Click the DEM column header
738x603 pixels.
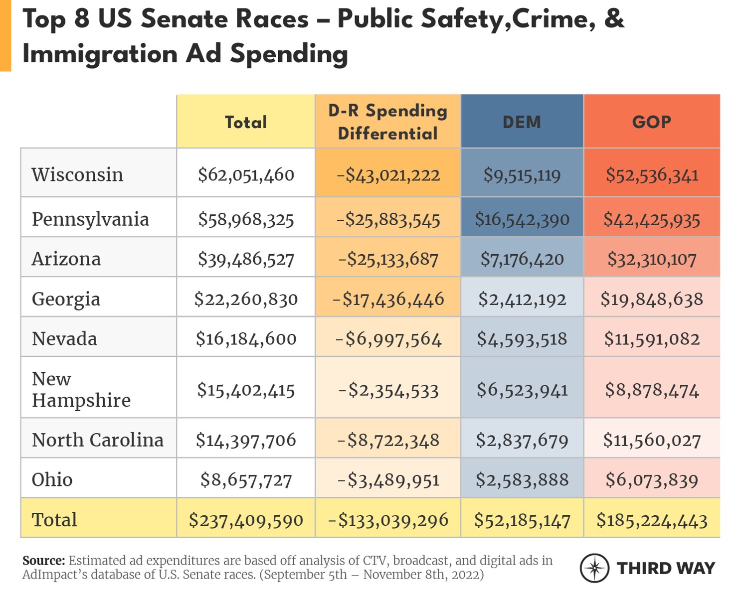click(x=522, y=122)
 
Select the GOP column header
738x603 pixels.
click(x=651, y=122)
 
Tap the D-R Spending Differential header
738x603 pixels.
click(x=387, y=122)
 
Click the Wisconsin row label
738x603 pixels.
click(x=77, y=175)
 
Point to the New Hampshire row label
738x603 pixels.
click(x=81, y=389)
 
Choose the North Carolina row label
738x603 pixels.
click(x=98, y=440)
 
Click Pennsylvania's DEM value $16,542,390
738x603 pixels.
click(x=522, y=219)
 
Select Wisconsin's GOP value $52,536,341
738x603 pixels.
click(x=652, y=175)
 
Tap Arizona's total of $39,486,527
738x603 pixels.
click(x=246, y=259)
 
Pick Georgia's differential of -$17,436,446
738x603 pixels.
click(x=388, y=299)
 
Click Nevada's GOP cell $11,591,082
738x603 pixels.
click(x=652, y=339)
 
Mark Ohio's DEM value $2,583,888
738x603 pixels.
click(x=522, y=480)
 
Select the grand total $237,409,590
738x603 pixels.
click(x=246, y=520)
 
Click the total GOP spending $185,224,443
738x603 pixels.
click(x=652, y=520)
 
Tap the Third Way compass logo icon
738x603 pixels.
click(x=594, y=568)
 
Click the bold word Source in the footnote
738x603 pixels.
click(x=43, y=561)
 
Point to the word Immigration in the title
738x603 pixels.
click(x=100, y=54)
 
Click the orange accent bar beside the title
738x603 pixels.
click(x=5, y=35)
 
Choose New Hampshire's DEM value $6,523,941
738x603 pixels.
click(x=522, y=390)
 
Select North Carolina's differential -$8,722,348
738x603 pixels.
click(x=388, y=440)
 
